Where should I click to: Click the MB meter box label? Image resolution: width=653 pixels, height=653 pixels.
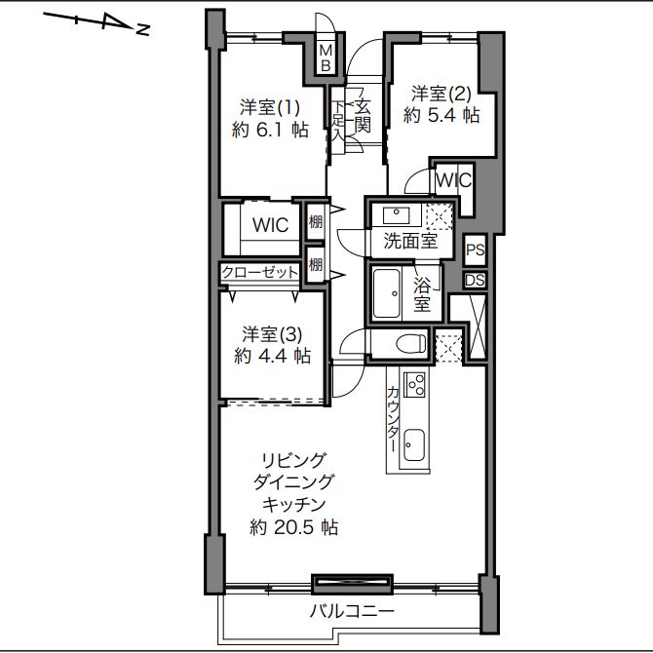[x=326, y=58]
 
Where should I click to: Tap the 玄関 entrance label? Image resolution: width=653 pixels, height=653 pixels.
[x=362, y=116]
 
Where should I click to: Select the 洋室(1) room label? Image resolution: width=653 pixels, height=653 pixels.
[x=269, y=108]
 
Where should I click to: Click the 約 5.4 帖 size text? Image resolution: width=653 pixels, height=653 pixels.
[x=442, y=115]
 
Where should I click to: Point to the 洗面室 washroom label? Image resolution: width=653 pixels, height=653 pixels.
[x=410, y=241]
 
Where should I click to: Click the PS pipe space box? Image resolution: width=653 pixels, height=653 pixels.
[x=475, y=250]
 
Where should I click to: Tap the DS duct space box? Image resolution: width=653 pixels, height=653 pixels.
[x=475, y=281]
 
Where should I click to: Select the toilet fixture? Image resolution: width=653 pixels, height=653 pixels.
[x=410, y=344]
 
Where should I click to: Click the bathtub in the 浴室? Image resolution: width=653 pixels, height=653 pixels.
[x=386, y=294]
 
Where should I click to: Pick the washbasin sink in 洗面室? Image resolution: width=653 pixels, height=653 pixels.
[x=396, y=215]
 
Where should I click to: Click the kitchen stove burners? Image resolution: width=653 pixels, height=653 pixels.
[x=414, y=384]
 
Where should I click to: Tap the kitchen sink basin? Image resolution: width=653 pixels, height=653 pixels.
[x=414, y=445]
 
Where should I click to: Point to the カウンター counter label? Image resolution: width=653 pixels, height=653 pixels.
[x=393, y=419]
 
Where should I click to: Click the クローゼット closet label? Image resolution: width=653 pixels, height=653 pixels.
[x=260, y=272]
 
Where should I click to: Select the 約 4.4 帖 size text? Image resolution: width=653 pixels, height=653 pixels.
[x=272, y=356]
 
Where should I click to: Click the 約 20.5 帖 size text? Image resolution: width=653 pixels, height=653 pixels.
[x=293, y=527]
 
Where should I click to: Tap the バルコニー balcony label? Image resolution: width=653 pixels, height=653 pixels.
[x=352, y=611]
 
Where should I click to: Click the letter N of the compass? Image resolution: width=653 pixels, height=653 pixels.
[x=143, y=29]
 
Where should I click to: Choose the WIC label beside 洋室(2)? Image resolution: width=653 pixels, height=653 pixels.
[x=453, y=180]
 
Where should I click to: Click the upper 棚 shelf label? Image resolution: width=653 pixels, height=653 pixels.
[x=316, y=221]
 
